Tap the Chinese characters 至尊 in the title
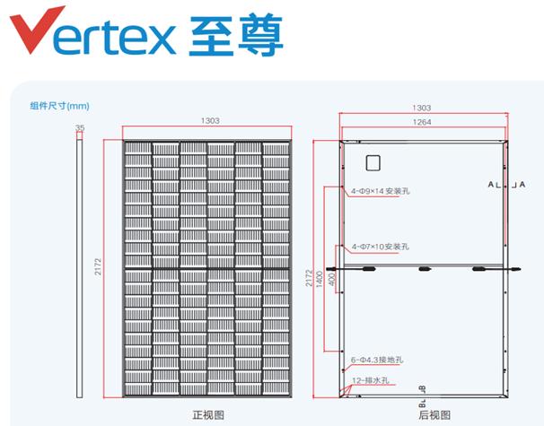click(x=236, y=35)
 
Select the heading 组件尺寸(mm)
click(x=59, y=106)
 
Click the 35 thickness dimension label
click(x=80, y=127)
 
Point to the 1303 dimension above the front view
click(x=210, y=120)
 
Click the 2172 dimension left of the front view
click(x=98, y=266)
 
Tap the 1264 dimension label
click(x=422, y=122)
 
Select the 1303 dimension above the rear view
click(x=422, y=108)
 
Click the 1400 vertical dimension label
click(x=320, y=279)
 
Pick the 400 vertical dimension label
click(x=332, y=280)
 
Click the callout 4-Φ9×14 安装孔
click(x=381, y=191)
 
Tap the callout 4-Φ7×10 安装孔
click(x=381, y=247)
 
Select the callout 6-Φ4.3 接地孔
click(x=377, y=360)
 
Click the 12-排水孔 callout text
click(x=371, y=380)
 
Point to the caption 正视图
click(x=208, y=415)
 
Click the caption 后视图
click(x=434, y=415)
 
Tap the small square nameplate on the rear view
click(x=373, y=163)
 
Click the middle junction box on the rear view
click(x=425, y=269)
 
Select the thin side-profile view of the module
click(x=80, y=265)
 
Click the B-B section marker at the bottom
click(x=422, y=396)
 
